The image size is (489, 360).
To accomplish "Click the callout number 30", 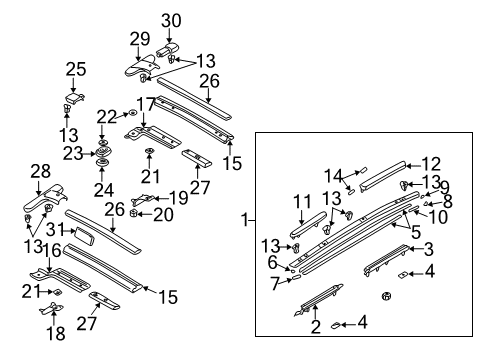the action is coord(171,20).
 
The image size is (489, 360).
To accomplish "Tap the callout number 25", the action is coord(76,69).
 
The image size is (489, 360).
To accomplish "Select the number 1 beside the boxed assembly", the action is coord(245,220).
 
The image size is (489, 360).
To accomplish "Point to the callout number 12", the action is coord(431,164).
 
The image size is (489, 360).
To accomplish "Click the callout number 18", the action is coord(55,333).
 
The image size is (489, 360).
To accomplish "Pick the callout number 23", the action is coord(73,154).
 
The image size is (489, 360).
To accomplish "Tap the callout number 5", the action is coord(416,232).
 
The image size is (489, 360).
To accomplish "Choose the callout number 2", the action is coord(315,326).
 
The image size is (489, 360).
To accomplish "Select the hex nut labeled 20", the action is coord(133,213).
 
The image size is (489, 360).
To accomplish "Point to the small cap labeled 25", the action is coord(74,98).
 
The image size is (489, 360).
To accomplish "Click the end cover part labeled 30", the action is coord(167,49).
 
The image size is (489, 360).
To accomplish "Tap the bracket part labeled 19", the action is coord(142,199).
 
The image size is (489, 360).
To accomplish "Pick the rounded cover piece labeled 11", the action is coord(308,224).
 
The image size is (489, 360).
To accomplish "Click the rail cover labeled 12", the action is coord(382,176).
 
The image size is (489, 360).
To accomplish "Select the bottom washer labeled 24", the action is coord(101,163).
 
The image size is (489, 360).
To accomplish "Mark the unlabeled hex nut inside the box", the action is coord(386,295).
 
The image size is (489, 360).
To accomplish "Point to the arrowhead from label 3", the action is coord(411,248).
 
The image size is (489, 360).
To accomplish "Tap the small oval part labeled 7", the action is coord(296,277).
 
